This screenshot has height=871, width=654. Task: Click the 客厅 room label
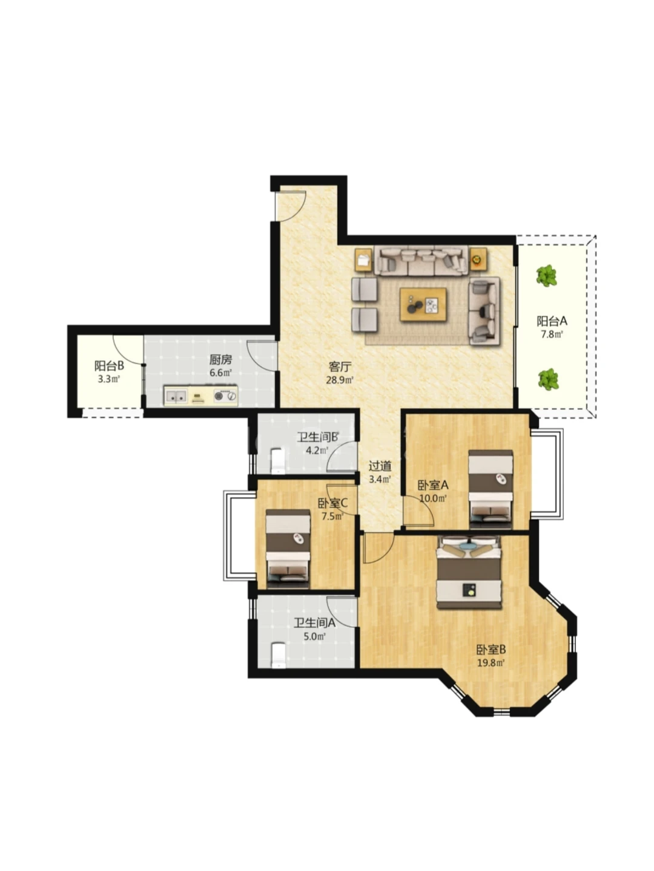pyautogui.click(x=340, y=367)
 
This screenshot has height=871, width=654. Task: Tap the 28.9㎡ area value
pyautogui.click(x=340, y=380)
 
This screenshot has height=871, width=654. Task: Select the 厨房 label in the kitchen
pyautogui.click(x=220, y=359)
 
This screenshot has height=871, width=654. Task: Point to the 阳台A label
pyautogui.click(x=552, y=321)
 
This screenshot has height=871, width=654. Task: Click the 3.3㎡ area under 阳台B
pyautogui.click(x=109, y=379)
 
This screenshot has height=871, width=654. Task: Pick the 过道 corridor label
pyautogui.click(x=380, y=466)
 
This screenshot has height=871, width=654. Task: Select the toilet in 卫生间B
pyautogui.click(x=277, y=461)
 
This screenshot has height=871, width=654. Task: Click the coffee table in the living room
pyautogui.click(x=423, y=305)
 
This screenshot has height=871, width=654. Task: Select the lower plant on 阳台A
pyautogui.click(x=549, y=379)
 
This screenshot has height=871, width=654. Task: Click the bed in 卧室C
pyautogui.click(x=288, y=549)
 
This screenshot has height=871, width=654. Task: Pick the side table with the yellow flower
pyautogui.click(x=478, y=259)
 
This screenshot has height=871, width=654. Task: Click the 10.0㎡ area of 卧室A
pyautogui.click(x=434, y=498)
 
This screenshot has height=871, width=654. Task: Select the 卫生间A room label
pyautogui.click(x=314, y=622)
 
